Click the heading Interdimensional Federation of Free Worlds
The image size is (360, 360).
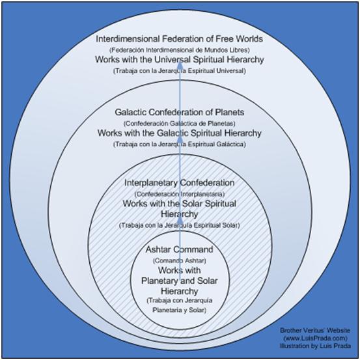click(179, 39)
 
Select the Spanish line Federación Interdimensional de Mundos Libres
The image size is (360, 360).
click(179, 50)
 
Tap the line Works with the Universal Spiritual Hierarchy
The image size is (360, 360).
click(179, 59)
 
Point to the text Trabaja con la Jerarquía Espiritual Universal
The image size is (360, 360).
click(179, 71)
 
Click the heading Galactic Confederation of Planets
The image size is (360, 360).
click(179, 112)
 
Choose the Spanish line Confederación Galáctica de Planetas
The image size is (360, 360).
click(179, 124)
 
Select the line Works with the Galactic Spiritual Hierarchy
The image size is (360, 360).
click(179, 133)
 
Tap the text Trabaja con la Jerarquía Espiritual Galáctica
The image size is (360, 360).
click(179, 144)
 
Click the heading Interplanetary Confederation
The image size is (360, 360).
click(179, 183)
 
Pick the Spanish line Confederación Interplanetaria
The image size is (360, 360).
click(179, 194)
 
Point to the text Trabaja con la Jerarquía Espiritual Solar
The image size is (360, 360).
click(179, 225)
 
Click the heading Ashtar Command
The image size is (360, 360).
click(179, 249)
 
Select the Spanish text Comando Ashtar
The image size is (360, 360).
click(179, 261)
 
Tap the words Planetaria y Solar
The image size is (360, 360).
click(179, 310)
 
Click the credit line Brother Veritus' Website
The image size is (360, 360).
click(315, 331)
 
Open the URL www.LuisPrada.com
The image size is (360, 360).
click(315, 338)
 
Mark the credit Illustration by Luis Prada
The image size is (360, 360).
click(315, 346)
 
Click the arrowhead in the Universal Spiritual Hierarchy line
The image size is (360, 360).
click(180, 59)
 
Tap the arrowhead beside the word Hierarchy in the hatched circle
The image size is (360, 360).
click(180, 220)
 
